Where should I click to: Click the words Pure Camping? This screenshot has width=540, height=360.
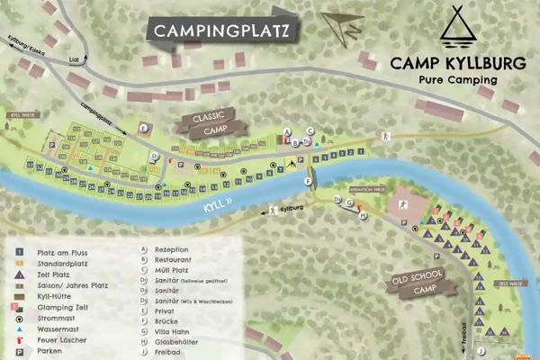tap(458, 79)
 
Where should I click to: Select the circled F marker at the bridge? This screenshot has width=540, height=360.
tap(308, 181)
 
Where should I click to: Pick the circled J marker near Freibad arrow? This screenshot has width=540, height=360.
tap(481, 349)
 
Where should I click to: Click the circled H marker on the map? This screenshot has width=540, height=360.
tap(362, 216)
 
